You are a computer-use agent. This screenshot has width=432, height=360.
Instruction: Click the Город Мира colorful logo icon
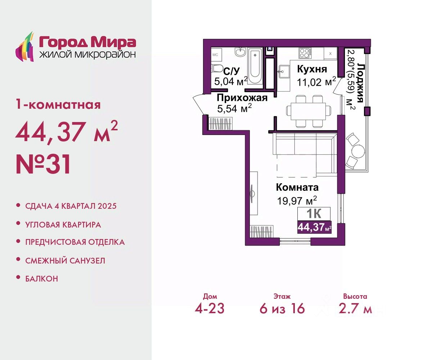coord(25,47)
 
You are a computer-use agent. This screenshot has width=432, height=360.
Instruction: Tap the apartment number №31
coord(44,165)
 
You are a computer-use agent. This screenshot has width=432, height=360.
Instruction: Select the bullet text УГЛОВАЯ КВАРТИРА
coord(63,225)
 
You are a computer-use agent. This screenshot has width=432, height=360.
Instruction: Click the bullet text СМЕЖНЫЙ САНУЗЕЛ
coord(65,261)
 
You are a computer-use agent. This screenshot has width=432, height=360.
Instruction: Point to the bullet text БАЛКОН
coord(42,279)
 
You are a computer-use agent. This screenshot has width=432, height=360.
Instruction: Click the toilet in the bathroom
coord(216,68)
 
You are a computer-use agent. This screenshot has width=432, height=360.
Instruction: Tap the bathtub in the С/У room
coord(255,66)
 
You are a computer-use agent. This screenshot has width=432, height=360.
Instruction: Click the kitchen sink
coord(284,72)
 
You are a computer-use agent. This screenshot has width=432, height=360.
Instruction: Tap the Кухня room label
coord(312,69)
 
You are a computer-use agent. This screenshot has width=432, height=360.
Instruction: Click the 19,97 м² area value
coord(297,201)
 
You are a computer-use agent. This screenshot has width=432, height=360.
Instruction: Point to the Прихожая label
coord(242,98)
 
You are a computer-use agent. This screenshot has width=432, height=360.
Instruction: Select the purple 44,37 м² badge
coord(314,227)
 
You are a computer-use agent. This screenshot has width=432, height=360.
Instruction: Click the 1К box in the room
coord(314,214)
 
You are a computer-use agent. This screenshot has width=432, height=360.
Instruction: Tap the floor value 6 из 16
coord(282,309)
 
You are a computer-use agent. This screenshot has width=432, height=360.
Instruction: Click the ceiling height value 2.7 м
coord(355,309)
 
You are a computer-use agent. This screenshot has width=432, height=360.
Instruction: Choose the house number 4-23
coord(210,309)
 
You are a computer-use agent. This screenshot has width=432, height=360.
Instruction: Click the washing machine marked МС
coord(216,55)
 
